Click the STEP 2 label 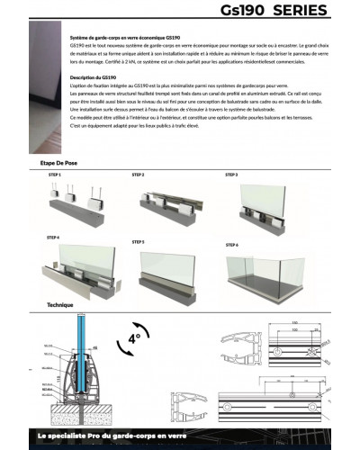pos(139,175)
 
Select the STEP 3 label pos(230,175)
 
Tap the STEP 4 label pos(53,237)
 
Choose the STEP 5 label pos(139,242)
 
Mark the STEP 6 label pos(231,244)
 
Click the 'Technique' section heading pos(59,305)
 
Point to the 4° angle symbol pos(134,339)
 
